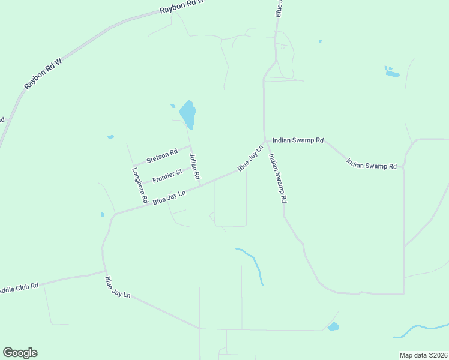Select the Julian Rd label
[x=194, y=166]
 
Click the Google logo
[x=20, y=353]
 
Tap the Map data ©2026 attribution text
[x=423, y=355]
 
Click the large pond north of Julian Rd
[x=188, y=114]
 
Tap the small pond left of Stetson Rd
[x=110, y=137]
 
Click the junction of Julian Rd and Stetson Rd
[x=190, y=146]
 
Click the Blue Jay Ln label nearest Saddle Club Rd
[x=118, y=288]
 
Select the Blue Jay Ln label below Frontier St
[x=169, y=197]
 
